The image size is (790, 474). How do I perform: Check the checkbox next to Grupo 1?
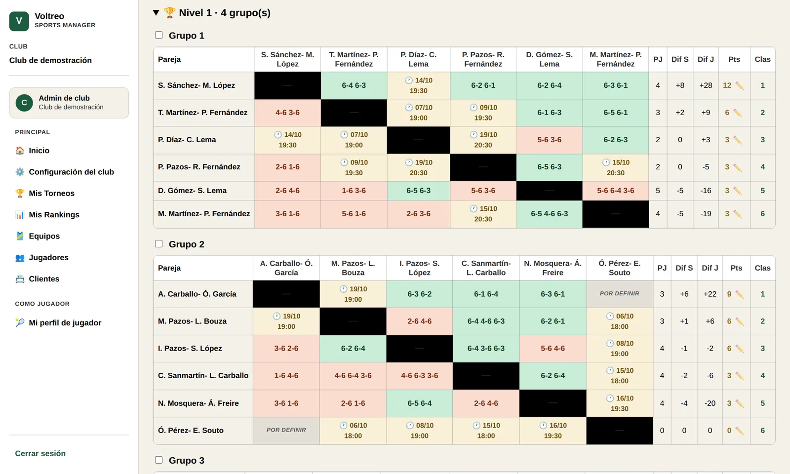pyautogui.click(x=158, y=35)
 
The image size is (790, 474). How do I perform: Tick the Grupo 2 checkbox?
pyautogui.click(x=158, y=244)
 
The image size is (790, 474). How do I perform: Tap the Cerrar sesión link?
pyautogui.click(x=40, y=454)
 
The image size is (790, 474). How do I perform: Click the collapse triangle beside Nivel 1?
pyautogui.click(x=156, y=13)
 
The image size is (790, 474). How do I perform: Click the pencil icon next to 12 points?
pyautogui.click(x=740, y=86)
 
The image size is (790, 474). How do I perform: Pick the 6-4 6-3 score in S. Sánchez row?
pyautogui.click(x=354, y=85)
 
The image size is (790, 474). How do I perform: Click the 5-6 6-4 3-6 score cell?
pyautogui.click(x=615, y=191)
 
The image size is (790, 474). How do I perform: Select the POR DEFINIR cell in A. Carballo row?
pyautogui.click(x=620, y=294)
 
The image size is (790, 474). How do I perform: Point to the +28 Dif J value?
pyautogui.click(x=706, y=85)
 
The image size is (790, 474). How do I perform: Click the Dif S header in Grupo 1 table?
pyautogui.click(x=680, y=59)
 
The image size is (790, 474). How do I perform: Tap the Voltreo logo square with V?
pyautogui.click(x=19, y=21)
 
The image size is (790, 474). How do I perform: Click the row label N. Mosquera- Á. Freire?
pyautogui.click(x=198, y=403)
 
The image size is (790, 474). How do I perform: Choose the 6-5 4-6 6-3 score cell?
pyautogui.click(x=549, y=214)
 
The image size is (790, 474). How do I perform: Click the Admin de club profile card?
pyautogui.click(x=69, y=103)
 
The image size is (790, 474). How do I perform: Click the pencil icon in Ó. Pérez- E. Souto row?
pyautogui.click(x=740, y=431)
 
